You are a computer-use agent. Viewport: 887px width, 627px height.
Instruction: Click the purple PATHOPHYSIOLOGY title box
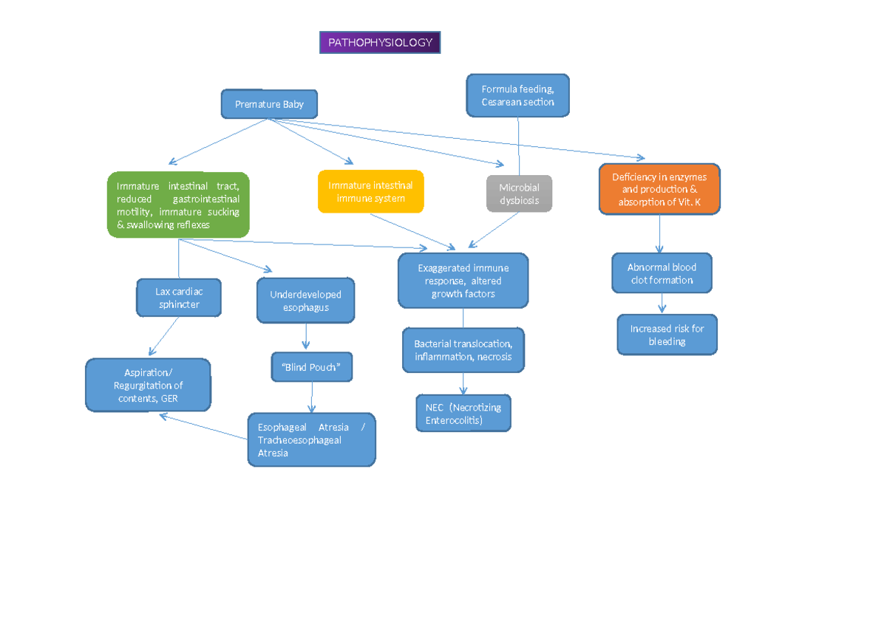pyautogui.click(x=380, y=43)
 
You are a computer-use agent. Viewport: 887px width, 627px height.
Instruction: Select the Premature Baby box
pyautogui.click(x=270, y=104)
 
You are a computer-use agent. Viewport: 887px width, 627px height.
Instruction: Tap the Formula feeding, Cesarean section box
pyautogui.click(x=517, y=95)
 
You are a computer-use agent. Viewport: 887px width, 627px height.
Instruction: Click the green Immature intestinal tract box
pyautogui.click(x=178, y=205)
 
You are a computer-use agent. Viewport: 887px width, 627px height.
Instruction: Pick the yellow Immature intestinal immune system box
pyautogui.click(x=371, y=192)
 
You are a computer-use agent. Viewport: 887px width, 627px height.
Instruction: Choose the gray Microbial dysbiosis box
pyautogui.click(x=519, y=194)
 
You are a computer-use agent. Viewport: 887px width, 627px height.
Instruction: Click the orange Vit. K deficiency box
pyautogui.click(x=659, y=189)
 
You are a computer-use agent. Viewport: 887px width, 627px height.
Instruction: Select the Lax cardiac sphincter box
pyautogui.click(x=179, y=298)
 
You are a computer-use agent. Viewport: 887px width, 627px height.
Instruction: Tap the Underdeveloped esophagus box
pyautogui.click(x=305, y=301)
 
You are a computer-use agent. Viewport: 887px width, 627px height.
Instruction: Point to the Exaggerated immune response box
pyautogui.click(x=463, y=281)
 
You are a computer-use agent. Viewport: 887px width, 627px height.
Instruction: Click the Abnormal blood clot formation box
pyautogui.click(x=662, y=273)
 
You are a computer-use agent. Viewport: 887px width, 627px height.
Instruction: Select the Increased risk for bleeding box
pyautogui.click(x=667, y=335)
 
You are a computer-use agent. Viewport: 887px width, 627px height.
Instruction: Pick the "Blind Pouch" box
pyautogui.click(x=310, y=367)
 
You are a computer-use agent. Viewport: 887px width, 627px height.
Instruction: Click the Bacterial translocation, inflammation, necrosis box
pyautogui.click(x=463, y=350)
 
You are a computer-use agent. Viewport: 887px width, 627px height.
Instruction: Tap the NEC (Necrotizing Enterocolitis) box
pyautogui.click(x=463, y=414)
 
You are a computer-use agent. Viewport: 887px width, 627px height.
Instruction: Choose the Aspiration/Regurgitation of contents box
pyautogui.click(x=148, y=385)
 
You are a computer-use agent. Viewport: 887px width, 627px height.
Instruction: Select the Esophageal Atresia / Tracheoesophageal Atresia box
pyautogui.click(x=311, y=440)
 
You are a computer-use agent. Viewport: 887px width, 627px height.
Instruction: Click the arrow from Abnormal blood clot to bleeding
pyautogui.click(x=662, y=303)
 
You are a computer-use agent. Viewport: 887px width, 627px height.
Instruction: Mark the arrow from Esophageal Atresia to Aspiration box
pyautogui.click(x=203, y=427)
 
